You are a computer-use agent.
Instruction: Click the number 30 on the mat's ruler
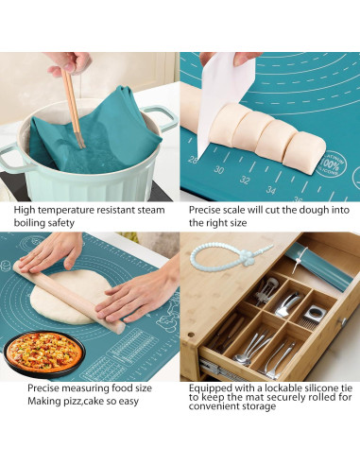click(219, 170)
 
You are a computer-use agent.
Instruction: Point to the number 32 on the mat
click(245, 180)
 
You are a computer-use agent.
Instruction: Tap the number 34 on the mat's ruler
click(270, 190)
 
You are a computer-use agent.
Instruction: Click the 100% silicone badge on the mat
click(330, 164)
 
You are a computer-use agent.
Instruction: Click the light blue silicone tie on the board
click(230, 255)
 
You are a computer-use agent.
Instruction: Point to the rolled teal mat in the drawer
click(318, 267)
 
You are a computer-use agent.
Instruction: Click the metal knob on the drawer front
click(343, 321)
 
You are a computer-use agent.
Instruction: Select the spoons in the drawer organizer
click(252, 348)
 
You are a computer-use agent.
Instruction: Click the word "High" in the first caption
click(25, 210)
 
